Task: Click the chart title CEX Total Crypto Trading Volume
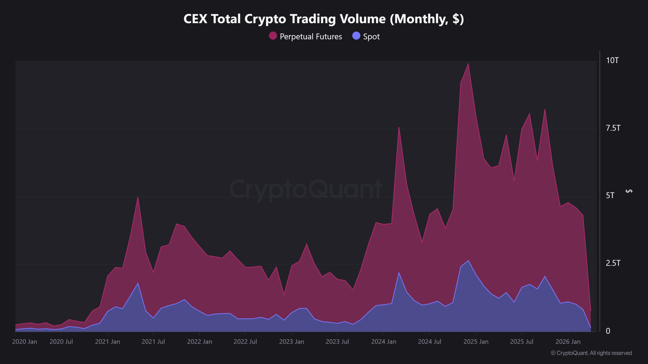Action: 324,19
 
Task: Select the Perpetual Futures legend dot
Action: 273,36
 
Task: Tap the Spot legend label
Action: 371,37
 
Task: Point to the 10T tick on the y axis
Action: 612,61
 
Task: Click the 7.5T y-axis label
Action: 613,128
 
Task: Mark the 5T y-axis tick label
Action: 610,196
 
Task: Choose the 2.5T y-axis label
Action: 613,263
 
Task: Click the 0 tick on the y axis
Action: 608,331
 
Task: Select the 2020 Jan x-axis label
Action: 25,342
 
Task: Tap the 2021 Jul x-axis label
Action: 153,342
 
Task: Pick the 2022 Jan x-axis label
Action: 200,342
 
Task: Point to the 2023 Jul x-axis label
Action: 337,342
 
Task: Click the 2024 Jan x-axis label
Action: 384,342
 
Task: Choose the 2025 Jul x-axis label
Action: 522,342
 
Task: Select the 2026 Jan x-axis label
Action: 568,342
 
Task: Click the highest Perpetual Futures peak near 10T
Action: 469,63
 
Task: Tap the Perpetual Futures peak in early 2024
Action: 399,127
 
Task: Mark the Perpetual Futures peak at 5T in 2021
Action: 138,197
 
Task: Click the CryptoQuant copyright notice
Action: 591,353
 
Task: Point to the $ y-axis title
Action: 629,191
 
